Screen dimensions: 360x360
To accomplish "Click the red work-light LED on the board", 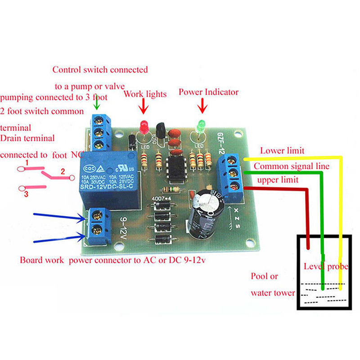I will [144, 126].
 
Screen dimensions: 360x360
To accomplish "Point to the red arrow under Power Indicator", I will [202, 106].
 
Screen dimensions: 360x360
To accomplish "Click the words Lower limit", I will [282, 151].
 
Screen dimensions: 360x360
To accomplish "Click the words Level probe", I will [326, 266].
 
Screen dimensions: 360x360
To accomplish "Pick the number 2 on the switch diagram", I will [63, 171].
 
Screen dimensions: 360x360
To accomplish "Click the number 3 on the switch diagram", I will [27, 194].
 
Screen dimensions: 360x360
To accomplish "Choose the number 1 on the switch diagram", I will [27, 162].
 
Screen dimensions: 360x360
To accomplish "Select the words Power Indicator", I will [208, 92].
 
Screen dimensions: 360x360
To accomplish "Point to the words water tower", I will [273, 293].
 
